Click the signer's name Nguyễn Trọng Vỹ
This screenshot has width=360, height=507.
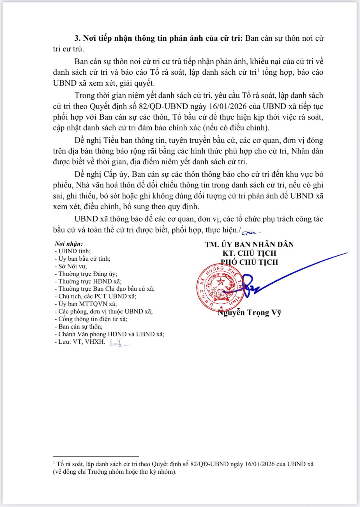249,313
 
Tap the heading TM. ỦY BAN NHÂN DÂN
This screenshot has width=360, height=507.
249,244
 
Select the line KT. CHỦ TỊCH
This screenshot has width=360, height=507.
249,253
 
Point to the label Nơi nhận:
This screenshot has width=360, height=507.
69,244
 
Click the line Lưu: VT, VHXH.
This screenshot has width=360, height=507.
80,342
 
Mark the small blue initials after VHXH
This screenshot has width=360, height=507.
120,343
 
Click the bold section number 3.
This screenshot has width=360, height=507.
77,38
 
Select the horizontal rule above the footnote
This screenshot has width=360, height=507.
96,456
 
